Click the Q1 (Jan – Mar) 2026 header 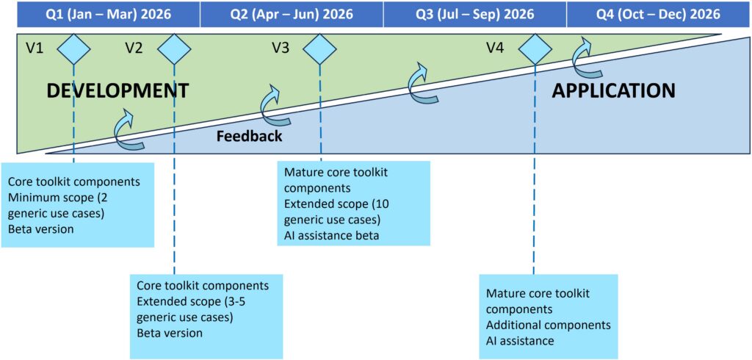tap(108, 14)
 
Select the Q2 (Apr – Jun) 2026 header tap(291, 14)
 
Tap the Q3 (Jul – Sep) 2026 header tap(474, 14)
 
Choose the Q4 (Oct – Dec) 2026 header tap(658, 14)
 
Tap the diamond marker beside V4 tap(534, 49)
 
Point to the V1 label tap(35, 48)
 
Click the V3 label tap(281, 48)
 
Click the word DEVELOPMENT tap(117, 91)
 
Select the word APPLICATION tap(613, 90)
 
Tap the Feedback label tap(249, 136)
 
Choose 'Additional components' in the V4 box tap(548, 325)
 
